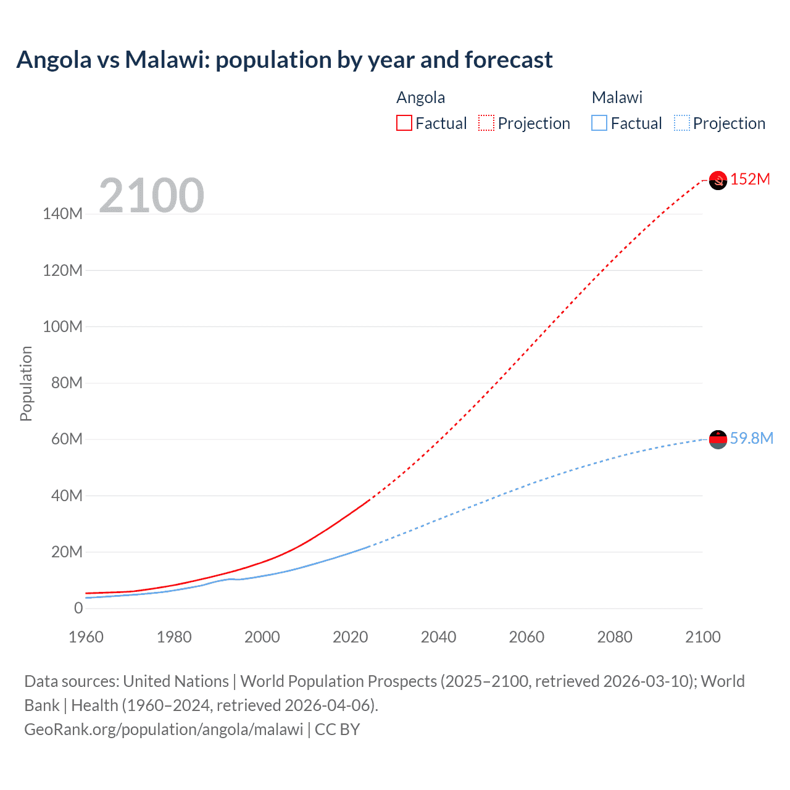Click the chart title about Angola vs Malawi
pos(285,60)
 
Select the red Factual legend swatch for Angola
pos(404,123)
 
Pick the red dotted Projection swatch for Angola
pos(486,123)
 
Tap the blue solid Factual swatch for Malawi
pos(599,123)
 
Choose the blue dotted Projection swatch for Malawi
pos(682,123)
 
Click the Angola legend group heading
pos(420,98)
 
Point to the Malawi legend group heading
pos(617,98)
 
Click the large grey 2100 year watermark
pos(151,196)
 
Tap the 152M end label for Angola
pos(750,180)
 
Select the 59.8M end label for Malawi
pos(751,439)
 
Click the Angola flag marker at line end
pos(718,180)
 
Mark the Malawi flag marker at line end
pos(718,439)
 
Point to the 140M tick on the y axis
pos(62,214)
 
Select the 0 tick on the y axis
pos(78,609)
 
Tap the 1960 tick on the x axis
pos(86,637)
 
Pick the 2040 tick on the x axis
pos(438,637)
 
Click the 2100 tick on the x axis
pos(702,637)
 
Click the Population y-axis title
pos(26,383)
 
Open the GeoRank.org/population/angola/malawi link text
pos(164,730)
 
